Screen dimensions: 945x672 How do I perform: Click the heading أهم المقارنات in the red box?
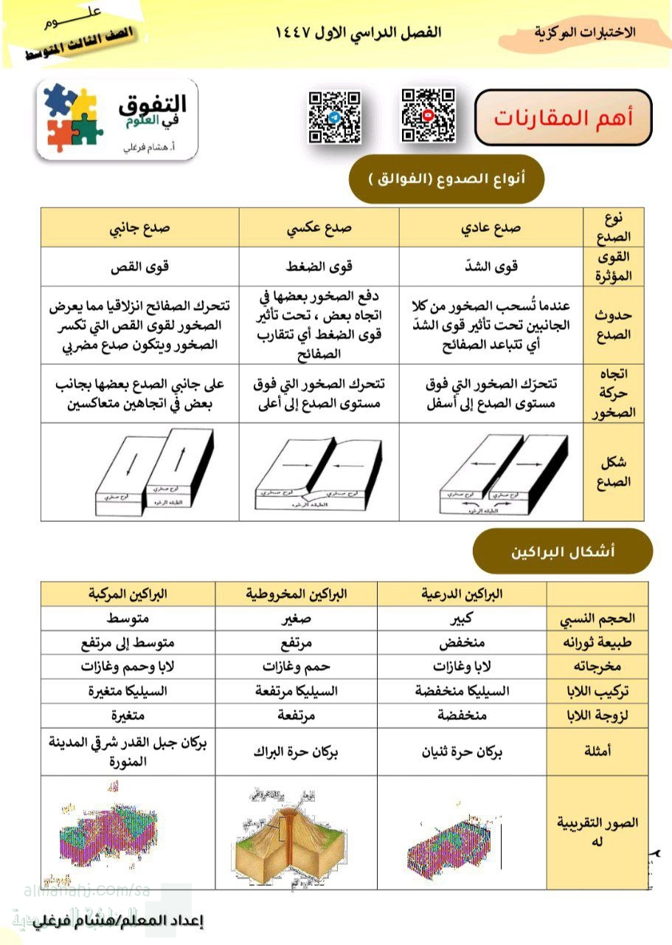[x=563, y=118]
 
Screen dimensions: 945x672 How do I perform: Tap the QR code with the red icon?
[x=428, y=115]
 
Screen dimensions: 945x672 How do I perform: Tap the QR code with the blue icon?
[x=334, y=117]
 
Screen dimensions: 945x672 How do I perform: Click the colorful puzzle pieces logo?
[x=72, y=117]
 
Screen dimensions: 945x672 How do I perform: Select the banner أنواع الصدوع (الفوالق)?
[x=446, y=179]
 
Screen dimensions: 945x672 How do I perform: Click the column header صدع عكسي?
[x=319, y=227]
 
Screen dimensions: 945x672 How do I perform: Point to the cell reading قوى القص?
[x=139, y=266]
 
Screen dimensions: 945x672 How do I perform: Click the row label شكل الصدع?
[x=612, y=472]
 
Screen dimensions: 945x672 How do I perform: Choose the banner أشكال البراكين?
[x=563, y=551]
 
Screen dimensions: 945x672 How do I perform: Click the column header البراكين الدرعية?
[x=463, y=594]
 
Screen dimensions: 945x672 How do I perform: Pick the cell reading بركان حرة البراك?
[x=296, y=752]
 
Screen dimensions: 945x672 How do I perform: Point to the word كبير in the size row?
[x=463, y=618]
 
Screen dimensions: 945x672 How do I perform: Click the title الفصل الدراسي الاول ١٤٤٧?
[x=358, y=33]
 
